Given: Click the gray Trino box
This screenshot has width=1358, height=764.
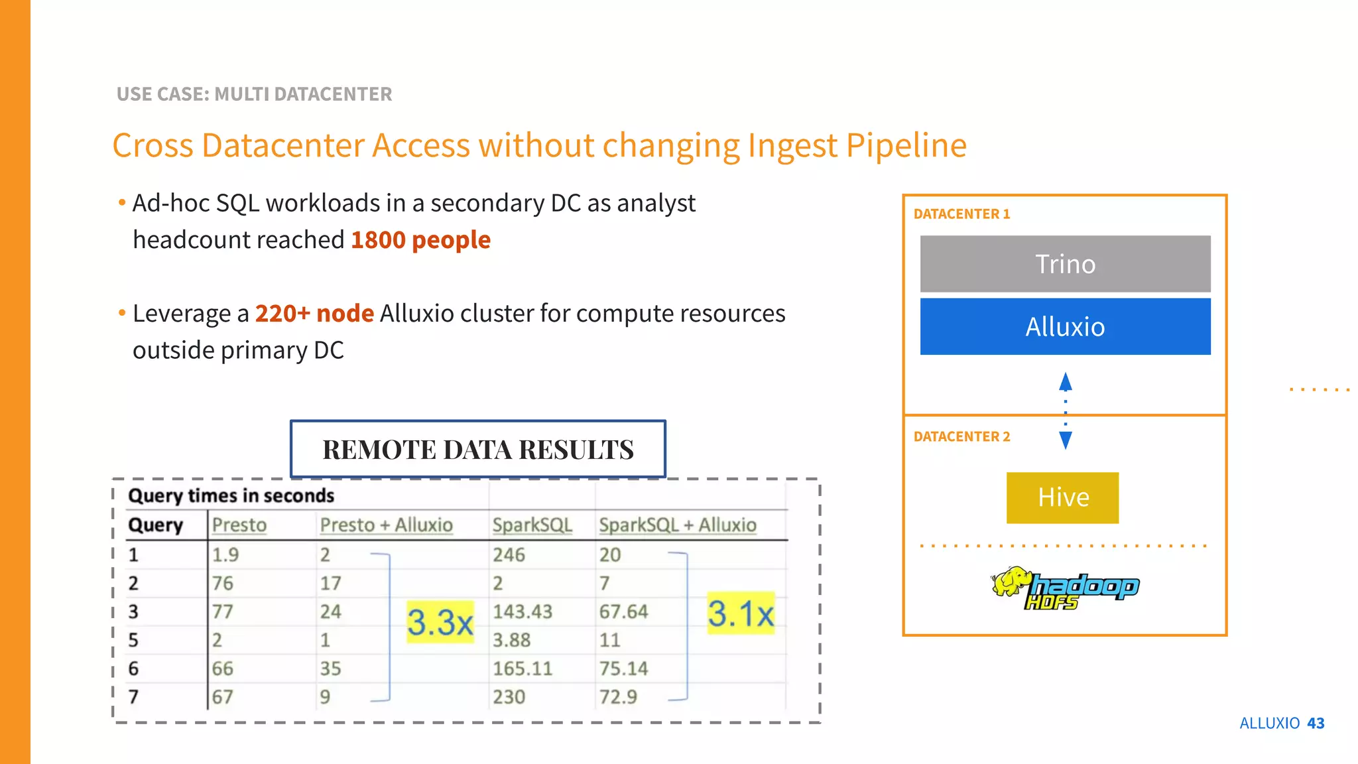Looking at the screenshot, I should [1065, 264].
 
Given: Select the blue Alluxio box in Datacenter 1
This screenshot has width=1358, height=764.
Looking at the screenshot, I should [1065, 326].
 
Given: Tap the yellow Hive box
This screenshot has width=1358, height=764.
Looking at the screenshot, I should [1062, 497].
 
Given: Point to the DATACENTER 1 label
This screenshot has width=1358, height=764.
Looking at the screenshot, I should [961, 214].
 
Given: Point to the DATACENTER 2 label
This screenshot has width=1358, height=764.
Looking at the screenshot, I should [961, 436].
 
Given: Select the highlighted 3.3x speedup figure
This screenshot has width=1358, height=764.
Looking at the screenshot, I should [440, 622].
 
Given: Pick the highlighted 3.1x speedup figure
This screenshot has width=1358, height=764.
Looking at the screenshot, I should [741, 613].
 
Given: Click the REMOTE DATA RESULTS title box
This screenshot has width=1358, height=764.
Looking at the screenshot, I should [478, 449].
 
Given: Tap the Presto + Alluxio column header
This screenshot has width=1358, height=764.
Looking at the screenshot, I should [386, 525].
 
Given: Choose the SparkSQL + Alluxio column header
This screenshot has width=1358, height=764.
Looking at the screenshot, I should [677, 525].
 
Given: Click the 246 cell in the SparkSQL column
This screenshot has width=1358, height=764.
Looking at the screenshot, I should [509, 554].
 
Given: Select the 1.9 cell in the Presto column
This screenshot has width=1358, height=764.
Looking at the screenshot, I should [225, 554].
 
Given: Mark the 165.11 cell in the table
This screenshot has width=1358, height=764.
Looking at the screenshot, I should [523, 668].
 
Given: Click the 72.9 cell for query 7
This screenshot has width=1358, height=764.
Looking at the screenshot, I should [618, 697].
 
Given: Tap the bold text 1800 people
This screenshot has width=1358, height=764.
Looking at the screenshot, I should [420, 240].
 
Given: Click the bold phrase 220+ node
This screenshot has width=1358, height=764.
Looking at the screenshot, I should [314, 313].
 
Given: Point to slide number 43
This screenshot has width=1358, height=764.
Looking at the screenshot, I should [1316, 723].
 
